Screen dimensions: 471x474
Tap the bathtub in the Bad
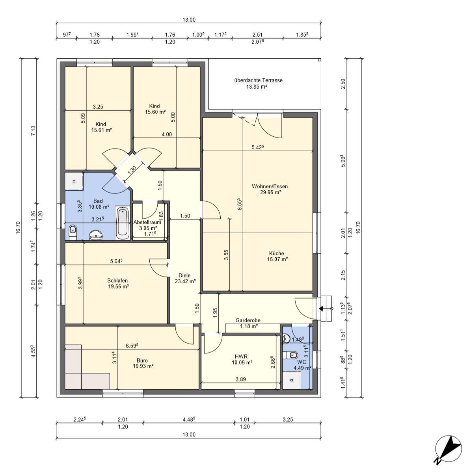click(x=123, y=223)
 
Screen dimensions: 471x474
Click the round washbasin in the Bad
click(x=96, y=235)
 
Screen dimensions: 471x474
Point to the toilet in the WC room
click(x=290, y=355)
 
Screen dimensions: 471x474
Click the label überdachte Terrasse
click(x=258, y=80)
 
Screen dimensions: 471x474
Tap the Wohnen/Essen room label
click(x=270, y=186)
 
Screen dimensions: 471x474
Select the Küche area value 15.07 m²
click(x=277, y=259)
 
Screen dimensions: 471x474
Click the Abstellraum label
click(x=147, y=222)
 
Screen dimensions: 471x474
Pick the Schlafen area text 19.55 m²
click(x=118, y=286)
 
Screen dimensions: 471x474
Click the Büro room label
click(x=142, y=361)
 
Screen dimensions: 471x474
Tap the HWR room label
click(x=241, y=357)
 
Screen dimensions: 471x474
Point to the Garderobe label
click(x=248, y=320)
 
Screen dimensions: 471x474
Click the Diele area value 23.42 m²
click(x=185, y=281)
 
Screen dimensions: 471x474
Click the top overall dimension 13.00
click(x=189, y=20)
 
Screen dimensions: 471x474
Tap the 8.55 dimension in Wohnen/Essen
click(x=240, y=204)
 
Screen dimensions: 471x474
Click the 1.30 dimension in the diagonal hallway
click(x=132, y=170)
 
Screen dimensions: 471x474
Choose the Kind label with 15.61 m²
click(x=101, y=124)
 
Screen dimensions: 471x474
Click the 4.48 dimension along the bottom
click(x=189, y=419)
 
